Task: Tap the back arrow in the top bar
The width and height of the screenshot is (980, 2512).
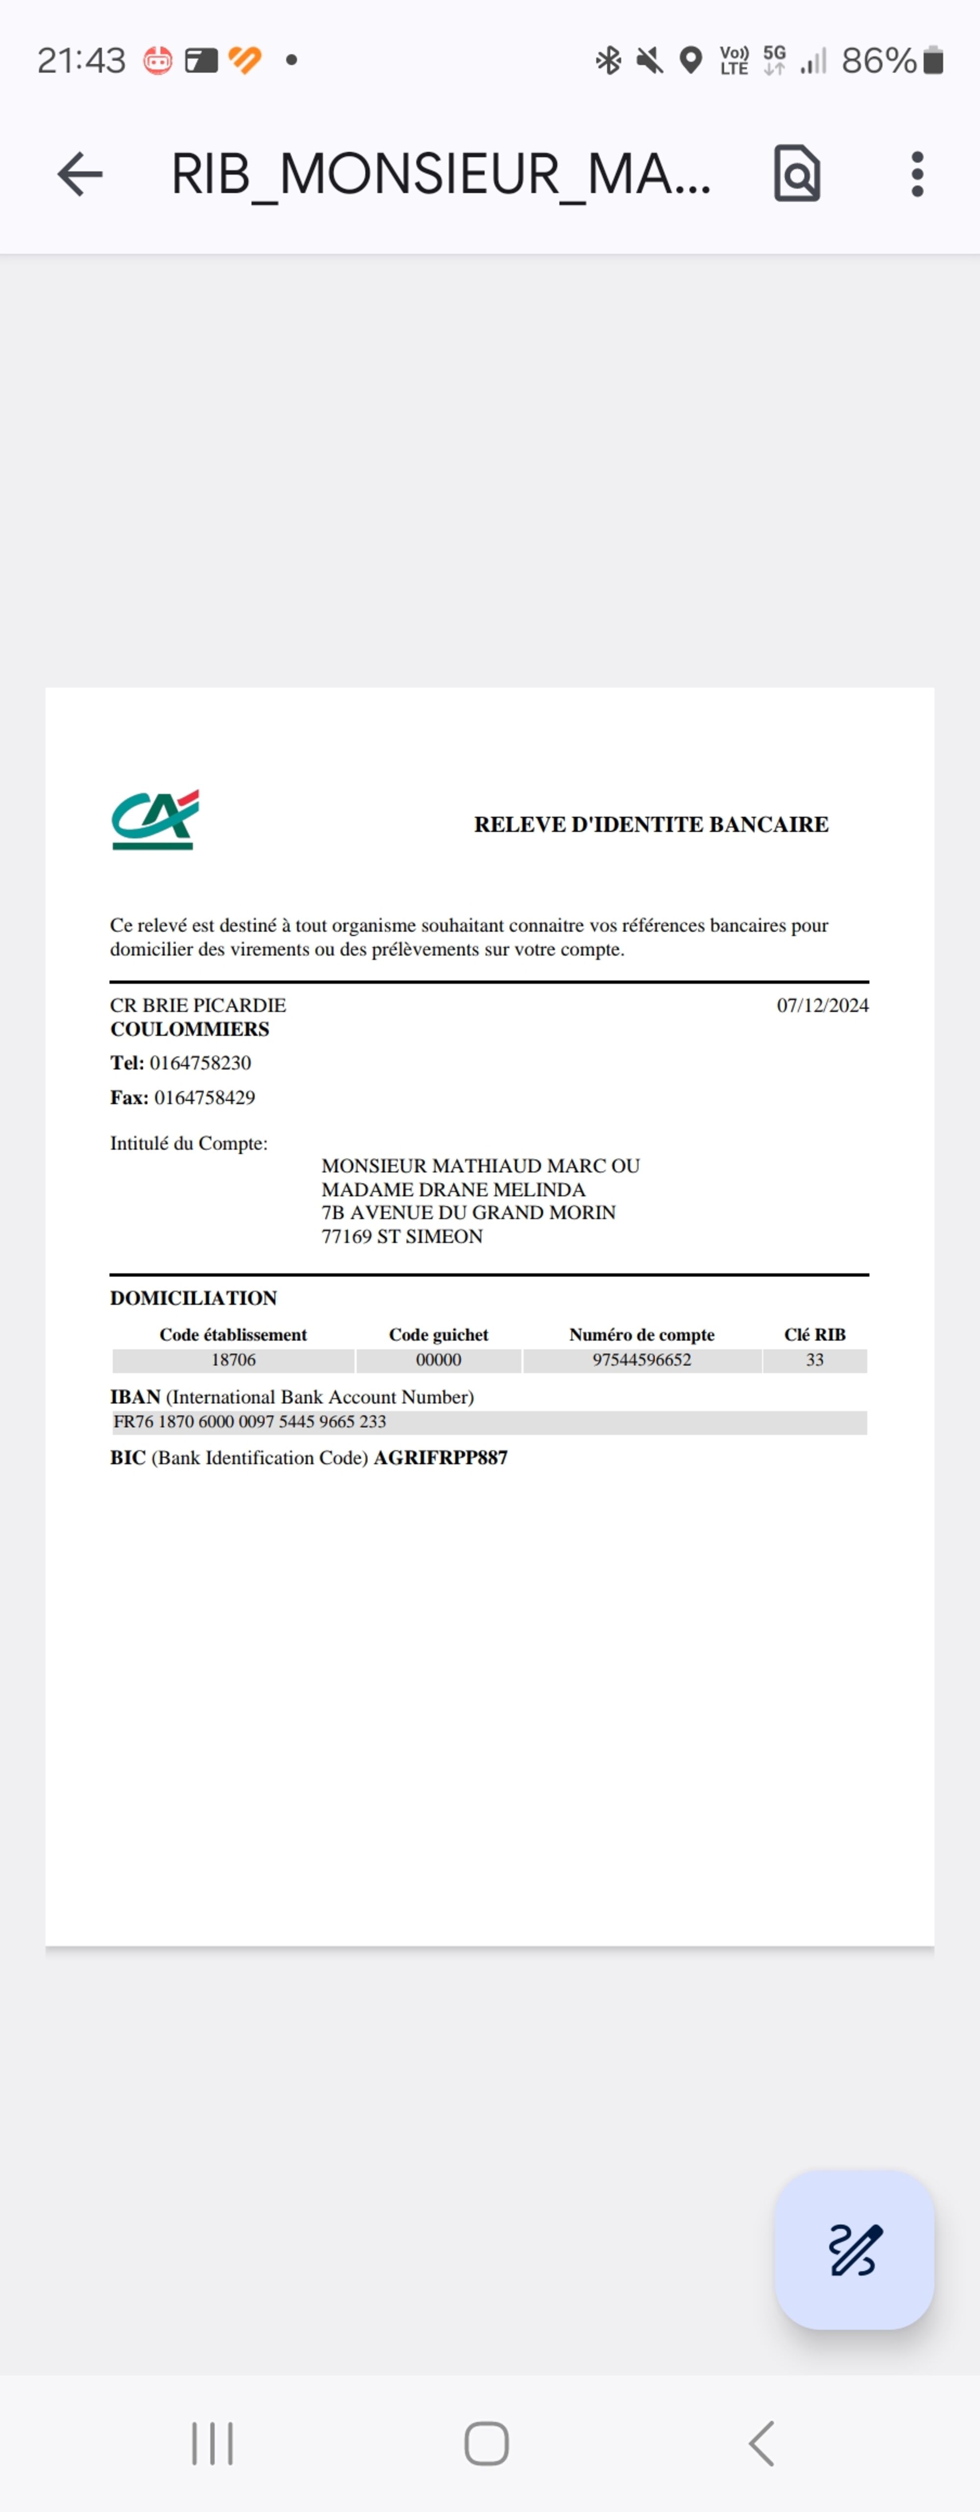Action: point(80,175)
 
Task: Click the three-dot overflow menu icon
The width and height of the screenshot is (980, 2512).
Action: point(917,175)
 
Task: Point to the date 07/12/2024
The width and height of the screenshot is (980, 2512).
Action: point(822,1005)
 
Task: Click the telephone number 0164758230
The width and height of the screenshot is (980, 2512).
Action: point(200,1063)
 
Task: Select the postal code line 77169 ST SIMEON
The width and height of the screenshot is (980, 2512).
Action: point(402,1236)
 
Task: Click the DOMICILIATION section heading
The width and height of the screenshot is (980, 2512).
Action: point(193,1298)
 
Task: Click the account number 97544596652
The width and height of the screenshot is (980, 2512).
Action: point(641,1359)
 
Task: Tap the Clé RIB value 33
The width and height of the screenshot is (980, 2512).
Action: point(814,1359)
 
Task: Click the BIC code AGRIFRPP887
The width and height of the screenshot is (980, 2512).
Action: point(441,1458)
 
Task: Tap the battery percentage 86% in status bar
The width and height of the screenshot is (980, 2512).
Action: point(878,60)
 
